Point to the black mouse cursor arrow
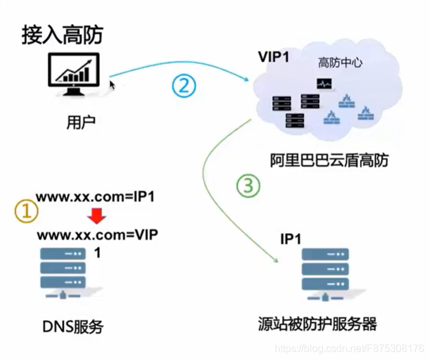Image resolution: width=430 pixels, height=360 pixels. point(112,84)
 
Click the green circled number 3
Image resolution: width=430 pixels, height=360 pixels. point(248,186)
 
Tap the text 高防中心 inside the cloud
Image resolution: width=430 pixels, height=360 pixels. point(339,63)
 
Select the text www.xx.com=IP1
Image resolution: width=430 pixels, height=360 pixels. point(94,196)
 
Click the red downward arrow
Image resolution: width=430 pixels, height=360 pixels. point(96,217)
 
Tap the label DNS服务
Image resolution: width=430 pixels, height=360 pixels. point(72,327)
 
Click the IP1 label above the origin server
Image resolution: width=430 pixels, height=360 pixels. point(291,239)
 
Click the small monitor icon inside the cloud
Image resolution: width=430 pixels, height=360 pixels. point(324,84)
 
